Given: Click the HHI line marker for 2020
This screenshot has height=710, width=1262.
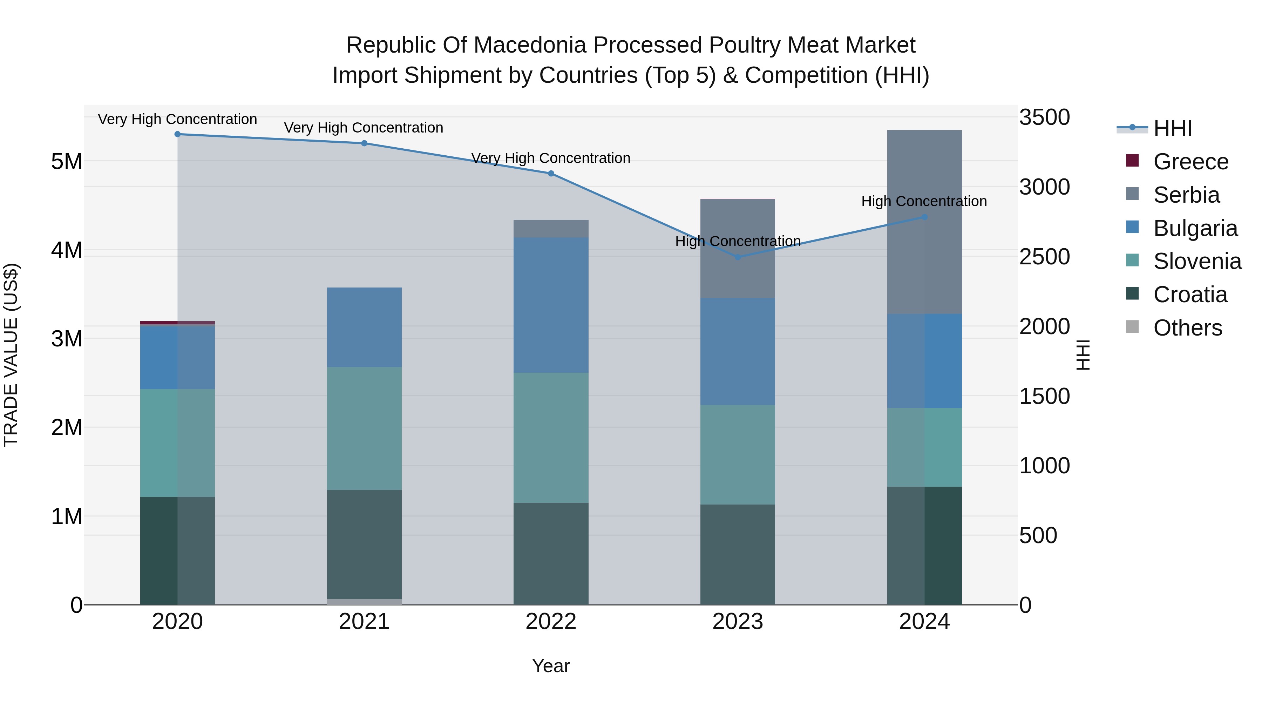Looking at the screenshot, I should tap(178, 134).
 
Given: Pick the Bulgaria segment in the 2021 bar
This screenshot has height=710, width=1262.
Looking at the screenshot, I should tap(364, 327).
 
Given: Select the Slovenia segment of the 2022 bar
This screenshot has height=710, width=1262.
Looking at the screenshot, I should tap(551, 438).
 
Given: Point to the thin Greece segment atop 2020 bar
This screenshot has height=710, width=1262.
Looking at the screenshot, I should tap(162, 323).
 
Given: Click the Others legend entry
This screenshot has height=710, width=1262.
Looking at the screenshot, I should tap(1188, 328).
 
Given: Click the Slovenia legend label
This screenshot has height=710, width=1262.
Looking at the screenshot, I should tap(1197, 262).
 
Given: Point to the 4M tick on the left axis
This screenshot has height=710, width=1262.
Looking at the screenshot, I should tap(67, 250).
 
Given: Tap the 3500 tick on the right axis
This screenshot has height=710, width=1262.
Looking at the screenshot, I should tap(1045, 117).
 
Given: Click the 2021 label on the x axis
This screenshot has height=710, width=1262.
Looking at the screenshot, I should tap(364, 622).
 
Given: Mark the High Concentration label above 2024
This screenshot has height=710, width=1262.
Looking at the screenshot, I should tap(924, 201).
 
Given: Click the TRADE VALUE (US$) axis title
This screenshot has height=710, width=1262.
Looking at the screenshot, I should tap(11, 355).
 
